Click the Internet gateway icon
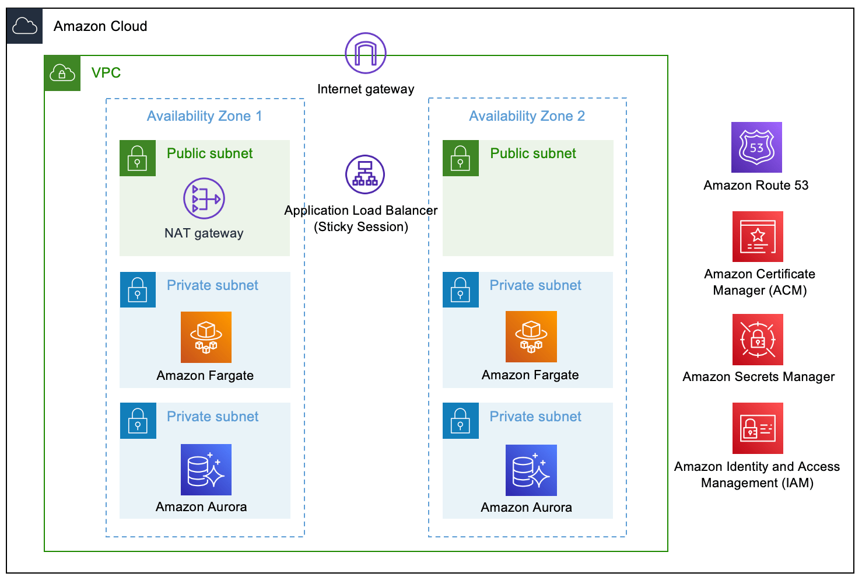[366, 53]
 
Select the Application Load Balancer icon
[365, 174]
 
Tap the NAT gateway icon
[204, 198]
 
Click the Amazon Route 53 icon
[756, 148]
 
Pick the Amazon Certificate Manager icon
[758, 237]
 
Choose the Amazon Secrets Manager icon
[758, 340]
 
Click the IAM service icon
[758, 428]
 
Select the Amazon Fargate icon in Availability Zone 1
[206, 337]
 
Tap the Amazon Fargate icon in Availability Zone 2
[531, 337]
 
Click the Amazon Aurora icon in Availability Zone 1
[206, 470]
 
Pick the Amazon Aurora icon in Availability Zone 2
[531, 470]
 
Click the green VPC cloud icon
[62, 73]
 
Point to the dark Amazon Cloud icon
[24, 26]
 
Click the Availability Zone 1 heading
[204, 116]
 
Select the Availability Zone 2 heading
[527, 116]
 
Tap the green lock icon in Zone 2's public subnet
[460, 158]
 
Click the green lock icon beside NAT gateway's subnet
[137, 158]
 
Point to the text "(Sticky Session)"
[361, 227]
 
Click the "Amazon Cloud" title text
[100, 26]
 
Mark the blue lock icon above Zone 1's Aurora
[138, 421]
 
